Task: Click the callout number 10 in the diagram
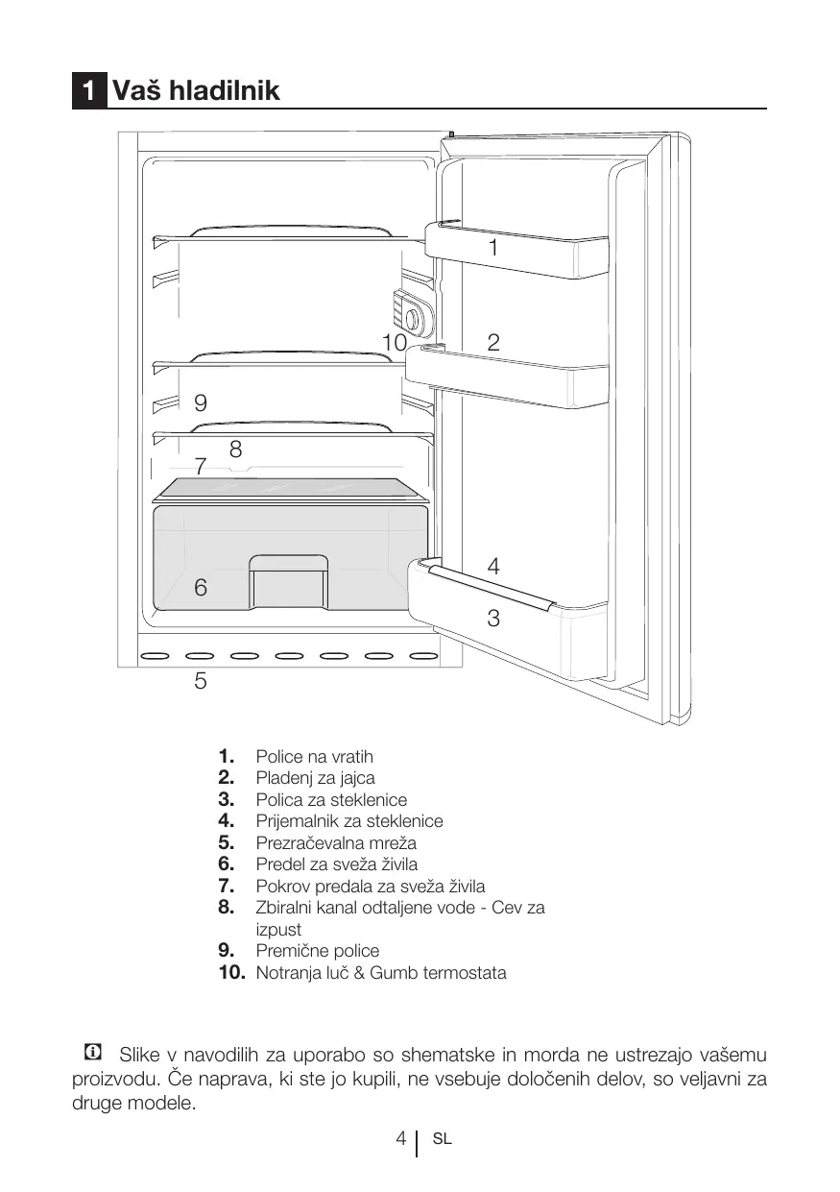(x=394, y=342)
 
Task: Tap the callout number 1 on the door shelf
(x=492, y=248)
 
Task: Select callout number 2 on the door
(x=493, y=342)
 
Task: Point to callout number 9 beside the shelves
(x=201, y=401)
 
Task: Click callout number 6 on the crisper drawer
(x=201, y=587)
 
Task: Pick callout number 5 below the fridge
(x=201, y=681)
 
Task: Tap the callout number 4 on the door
(x=493, y=566)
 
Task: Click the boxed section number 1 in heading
(x=88, y=92)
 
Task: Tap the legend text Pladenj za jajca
(x=315, y=778)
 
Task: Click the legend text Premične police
(x=317, y=951)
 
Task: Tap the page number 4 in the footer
(x=400, y=1139)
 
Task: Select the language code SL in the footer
(x=442, y=1140)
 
